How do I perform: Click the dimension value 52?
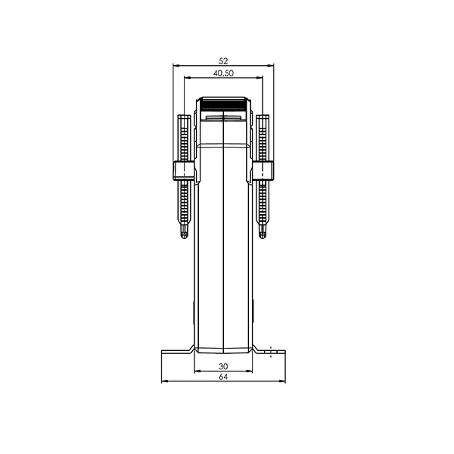(223, 61)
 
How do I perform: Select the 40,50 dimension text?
(223, 73)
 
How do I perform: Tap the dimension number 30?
(223, 366)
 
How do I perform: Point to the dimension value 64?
(223, 377)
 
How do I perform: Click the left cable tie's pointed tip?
(184, 238)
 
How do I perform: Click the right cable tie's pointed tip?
(263, 238)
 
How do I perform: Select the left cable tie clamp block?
(184, 171)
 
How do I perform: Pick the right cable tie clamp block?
(263, 171)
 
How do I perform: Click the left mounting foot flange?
(176, 352)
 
